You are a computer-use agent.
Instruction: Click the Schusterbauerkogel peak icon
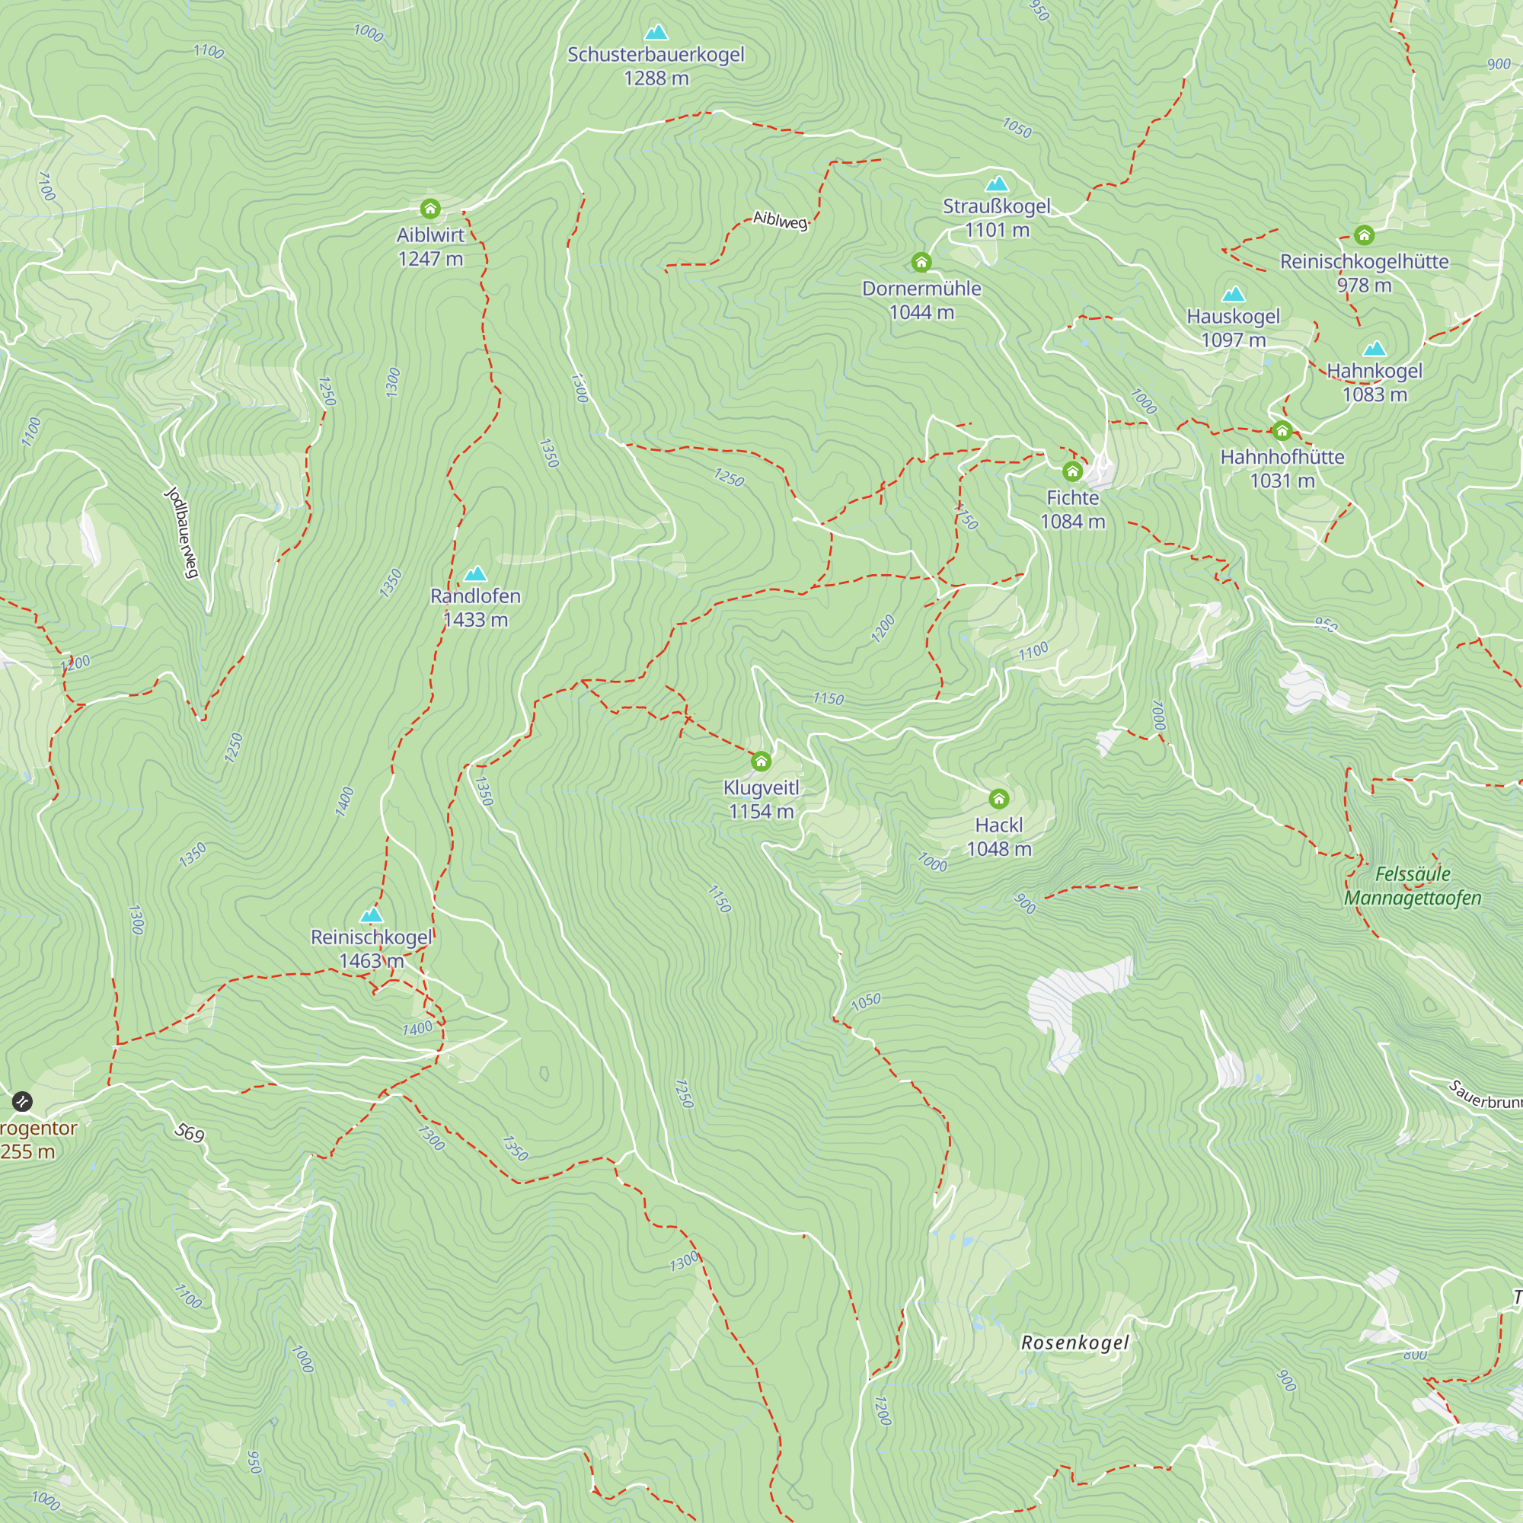(656, 32)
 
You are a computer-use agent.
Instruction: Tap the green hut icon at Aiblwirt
(429, 209)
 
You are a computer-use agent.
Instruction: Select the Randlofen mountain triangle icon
(475, 574)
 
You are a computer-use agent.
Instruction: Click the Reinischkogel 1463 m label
(372, 948)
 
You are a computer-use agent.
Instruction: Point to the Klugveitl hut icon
(761, 761)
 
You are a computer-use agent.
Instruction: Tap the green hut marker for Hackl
(999, 800)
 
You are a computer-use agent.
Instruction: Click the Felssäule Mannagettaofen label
(1412, 886)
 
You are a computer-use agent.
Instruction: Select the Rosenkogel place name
(1074, 1343)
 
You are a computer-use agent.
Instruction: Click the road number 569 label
(189, 1133)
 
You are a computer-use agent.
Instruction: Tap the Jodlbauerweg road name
(182, 533)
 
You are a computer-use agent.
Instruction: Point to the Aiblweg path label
(780, 220)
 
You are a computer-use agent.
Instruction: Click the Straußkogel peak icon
(998, 184)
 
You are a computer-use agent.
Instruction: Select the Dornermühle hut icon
(921, 263)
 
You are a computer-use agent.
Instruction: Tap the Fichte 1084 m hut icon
(1072, 471)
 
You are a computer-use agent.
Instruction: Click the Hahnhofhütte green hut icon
(1282, 430)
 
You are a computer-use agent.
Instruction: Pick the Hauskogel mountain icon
(1233, 295)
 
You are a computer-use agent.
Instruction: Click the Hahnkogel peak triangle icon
(1375, 350)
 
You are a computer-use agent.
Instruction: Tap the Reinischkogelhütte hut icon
(1365, 235)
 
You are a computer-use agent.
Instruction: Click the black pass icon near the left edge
(22, 1101)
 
